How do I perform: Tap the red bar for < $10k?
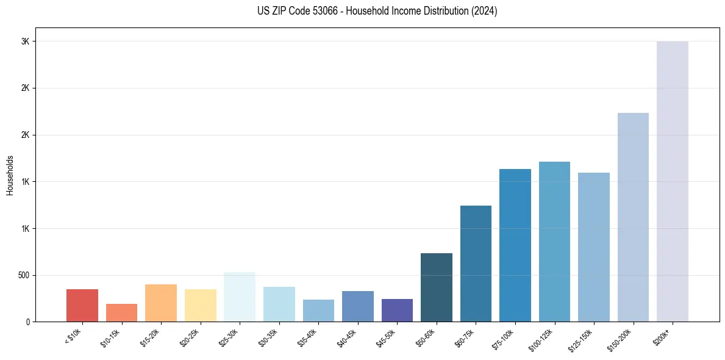(x=82, y=305)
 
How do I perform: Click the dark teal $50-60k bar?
(x=437, y=287)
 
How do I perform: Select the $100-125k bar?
(x=554, y=242)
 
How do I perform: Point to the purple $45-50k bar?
(x=397, y=310)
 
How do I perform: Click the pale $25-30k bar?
(x=240, y=297)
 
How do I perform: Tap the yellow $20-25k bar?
(x=200, y=305)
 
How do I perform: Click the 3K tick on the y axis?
(x=24, y=41)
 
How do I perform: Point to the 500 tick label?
(x=23, y=275)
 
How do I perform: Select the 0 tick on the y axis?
(x=27, y=322)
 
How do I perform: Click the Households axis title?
(x=10, y=175)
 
